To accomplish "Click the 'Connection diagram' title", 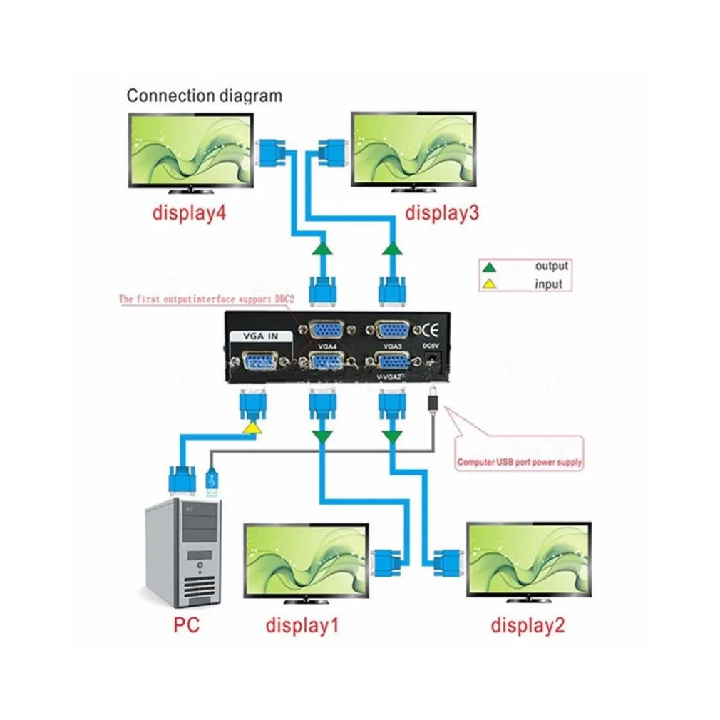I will point(204,96).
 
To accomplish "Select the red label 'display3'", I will point(442,213).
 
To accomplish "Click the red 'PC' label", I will point(186,627).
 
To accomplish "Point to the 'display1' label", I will point(302,627).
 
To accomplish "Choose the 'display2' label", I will point(528,627).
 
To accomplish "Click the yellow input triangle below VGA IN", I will point(252,428).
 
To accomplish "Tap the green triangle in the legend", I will point(489,267).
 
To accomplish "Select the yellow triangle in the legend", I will point(489,284).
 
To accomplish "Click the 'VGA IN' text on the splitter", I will point(260,339).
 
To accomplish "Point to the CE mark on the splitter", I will point(431,330).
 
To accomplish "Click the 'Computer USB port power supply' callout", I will point(519,462).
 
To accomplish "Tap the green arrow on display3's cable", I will point(391,250).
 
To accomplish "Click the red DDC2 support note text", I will point(206,299).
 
